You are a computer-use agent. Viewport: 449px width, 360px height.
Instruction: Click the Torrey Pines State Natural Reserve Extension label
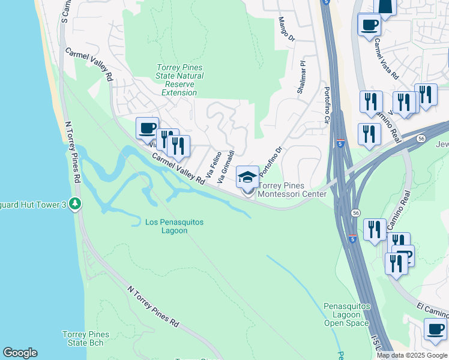[179, 80]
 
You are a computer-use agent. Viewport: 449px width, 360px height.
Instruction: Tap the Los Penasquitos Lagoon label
[174, 226]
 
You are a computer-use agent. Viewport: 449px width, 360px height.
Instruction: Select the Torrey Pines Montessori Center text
[292, 190]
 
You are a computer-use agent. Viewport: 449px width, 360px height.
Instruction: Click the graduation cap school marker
[247, 178]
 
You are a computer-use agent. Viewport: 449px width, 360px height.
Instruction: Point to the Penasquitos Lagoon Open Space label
[346, 314]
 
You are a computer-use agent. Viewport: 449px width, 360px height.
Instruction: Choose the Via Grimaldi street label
[226, 161]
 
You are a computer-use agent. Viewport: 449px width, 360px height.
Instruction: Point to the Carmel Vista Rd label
[385, 60]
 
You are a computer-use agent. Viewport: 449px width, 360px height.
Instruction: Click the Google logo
[20, 353]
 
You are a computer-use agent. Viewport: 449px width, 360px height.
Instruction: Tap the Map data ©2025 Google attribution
[412, 355]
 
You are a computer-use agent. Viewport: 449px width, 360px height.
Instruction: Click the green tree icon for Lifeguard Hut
[75, 204]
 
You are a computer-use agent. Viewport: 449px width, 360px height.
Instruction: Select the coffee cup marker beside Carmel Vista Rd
[369, 25]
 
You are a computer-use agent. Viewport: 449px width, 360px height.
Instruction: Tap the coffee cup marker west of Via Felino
[147, 128]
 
